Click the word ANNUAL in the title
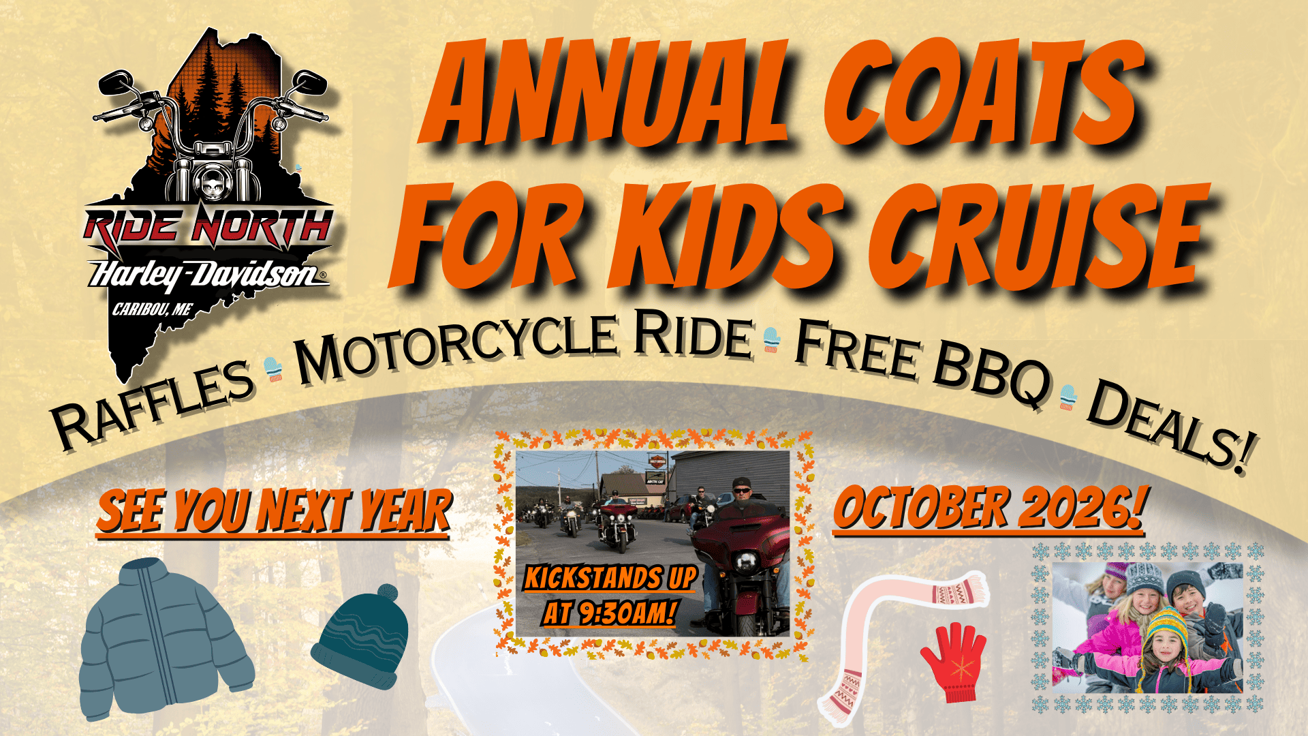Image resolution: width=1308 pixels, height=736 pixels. coord(606,95)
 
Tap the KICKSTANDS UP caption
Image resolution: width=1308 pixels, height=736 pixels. coord(610,579)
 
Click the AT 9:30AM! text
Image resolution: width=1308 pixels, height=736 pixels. coord(609,613)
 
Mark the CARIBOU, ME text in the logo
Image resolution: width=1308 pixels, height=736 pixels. coord(152,310)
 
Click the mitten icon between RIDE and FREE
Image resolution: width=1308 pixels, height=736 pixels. coord(771,339)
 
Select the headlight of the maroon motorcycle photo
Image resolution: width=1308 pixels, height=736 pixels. coord(746,563)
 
